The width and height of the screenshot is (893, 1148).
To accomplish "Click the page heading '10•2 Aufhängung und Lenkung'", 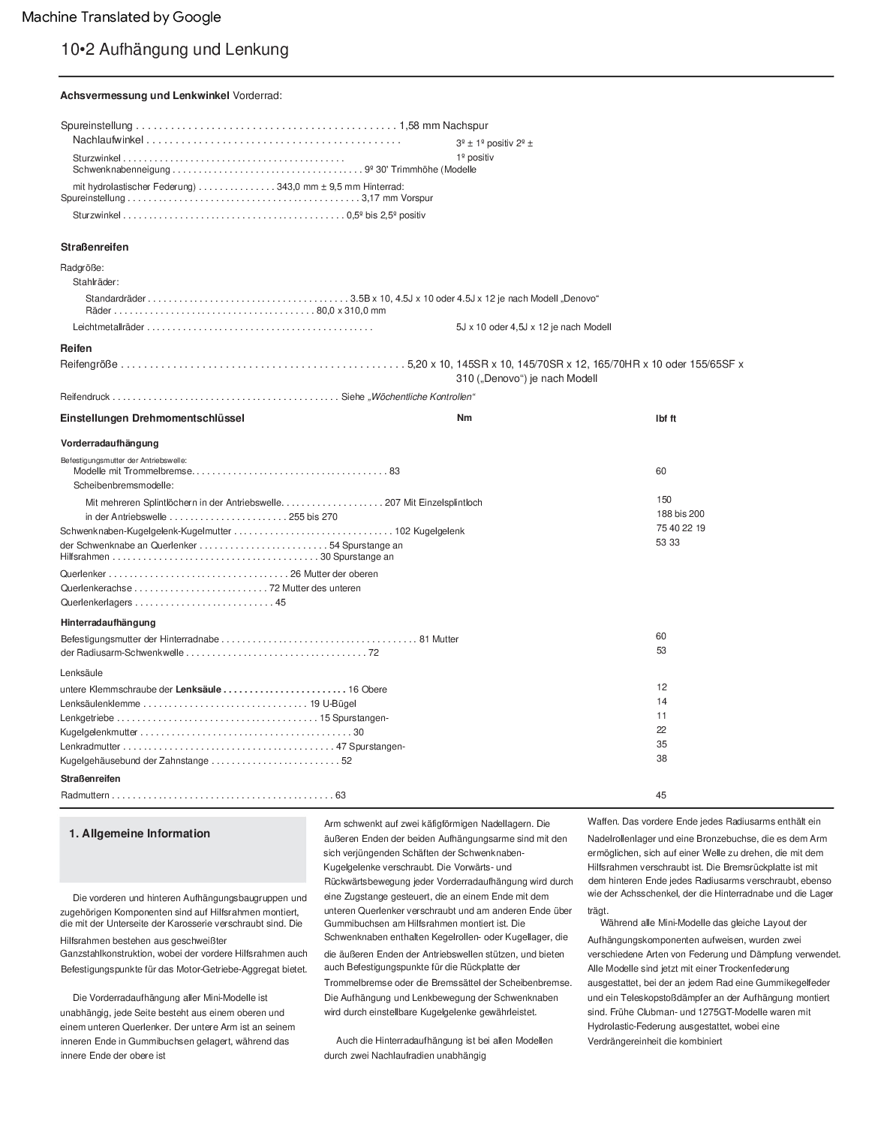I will point(175,50).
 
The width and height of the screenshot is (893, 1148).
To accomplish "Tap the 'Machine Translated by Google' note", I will point(122,17).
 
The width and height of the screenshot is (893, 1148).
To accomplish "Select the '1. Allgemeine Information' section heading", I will point(140,834).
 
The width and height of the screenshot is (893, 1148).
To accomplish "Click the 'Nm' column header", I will point(465,418).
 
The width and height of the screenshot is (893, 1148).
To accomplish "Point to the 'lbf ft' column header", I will point(666,419).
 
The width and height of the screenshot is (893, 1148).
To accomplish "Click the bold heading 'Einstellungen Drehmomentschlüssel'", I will point(152,418).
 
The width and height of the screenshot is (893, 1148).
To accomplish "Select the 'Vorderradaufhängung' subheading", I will point(110,443).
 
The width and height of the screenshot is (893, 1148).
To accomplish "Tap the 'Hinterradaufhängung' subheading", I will point(108,622).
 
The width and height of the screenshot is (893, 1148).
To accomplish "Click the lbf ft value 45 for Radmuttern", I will point(660,795).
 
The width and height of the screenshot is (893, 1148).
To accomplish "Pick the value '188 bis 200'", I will point(681,514).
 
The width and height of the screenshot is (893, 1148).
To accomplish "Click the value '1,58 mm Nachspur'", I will point(443,125).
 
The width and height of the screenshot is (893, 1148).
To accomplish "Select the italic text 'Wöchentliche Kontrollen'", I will point(422,397).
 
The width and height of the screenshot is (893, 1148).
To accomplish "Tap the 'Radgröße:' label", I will point(82,267).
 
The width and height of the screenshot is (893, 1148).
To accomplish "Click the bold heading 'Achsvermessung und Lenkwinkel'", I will point(145,95).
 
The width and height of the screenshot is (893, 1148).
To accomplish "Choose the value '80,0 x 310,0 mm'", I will point(351,311).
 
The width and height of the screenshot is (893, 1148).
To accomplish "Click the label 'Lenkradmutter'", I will point(90,747).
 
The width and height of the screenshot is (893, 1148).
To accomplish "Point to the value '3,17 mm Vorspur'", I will point(397,198).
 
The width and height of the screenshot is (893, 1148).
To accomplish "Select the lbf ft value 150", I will point(663,500).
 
